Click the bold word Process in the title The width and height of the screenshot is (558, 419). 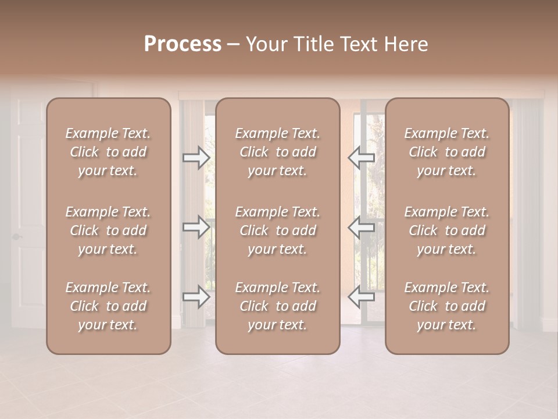183,44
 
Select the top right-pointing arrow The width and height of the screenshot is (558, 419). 196,157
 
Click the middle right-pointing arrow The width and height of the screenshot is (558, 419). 196,227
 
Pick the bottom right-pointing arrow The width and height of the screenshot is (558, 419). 196,297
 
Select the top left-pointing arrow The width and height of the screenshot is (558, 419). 362,157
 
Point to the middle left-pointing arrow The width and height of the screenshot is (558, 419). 362,227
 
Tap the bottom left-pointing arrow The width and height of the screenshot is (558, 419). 362,297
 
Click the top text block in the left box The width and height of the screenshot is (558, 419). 108,152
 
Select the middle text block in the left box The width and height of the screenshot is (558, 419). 108,230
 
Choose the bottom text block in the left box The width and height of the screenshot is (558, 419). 108,306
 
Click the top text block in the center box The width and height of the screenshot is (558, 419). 278,152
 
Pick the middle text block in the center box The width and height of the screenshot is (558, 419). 278,230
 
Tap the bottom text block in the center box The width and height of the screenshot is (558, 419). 278,306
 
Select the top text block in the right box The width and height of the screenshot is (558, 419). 447,152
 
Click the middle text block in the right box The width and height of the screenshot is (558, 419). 447,230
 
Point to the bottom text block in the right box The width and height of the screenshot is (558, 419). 447,306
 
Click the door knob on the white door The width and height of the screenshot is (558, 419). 16,237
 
